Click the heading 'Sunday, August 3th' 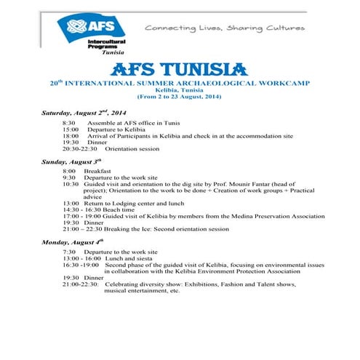coord(71,160)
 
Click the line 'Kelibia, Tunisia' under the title coord(179,89)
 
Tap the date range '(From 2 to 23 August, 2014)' coord(179,96)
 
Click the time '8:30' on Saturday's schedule coord(69,124)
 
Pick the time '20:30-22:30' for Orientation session coord(79,148)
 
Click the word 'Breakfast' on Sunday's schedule coord(97,171)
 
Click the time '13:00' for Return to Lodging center coord(71,203)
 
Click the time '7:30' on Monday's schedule coord(69,252)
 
